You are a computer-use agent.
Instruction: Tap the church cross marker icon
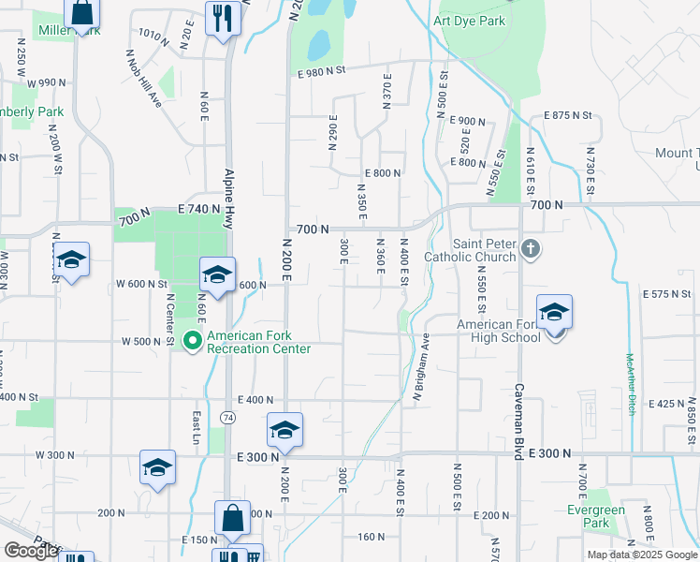click(x=531, y=249)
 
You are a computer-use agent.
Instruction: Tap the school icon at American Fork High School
click(x=554, y=312)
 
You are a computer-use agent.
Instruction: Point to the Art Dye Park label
click(x=470, y=21)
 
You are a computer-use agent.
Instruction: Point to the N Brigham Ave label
click(x=420, y=368)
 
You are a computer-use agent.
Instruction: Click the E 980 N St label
click(x=322, y=70)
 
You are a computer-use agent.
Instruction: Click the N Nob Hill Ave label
click(x=144, y=78)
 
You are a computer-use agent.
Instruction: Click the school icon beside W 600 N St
click(x=217, y=275)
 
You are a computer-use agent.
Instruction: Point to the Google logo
click(x=31, y=552)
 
